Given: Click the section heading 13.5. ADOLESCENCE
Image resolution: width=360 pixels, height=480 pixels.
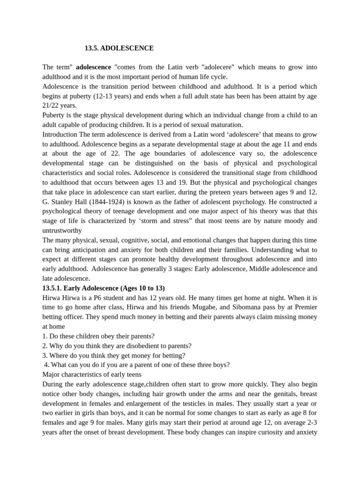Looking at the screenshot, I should (119, 48).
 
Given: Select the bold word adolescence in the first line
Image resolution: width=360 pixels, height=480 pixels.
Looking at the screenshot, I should (93, 67).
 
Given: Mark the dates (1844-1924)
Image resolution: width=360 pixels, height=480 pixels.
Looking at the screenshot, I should (108, 202).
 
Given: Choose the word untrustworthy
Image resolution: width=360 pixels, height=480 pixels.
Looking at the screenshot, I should (62, 230).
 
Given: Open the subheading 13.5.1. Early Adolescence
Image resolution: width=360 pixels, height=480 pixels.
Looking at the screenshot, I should (103, 288).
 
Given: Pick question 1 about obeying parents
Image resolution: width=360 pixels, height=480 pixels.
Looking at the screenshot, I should (98, 336).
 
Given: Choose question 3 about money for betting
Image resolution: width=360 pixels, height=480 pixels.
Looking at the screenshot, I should (113, 355).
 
